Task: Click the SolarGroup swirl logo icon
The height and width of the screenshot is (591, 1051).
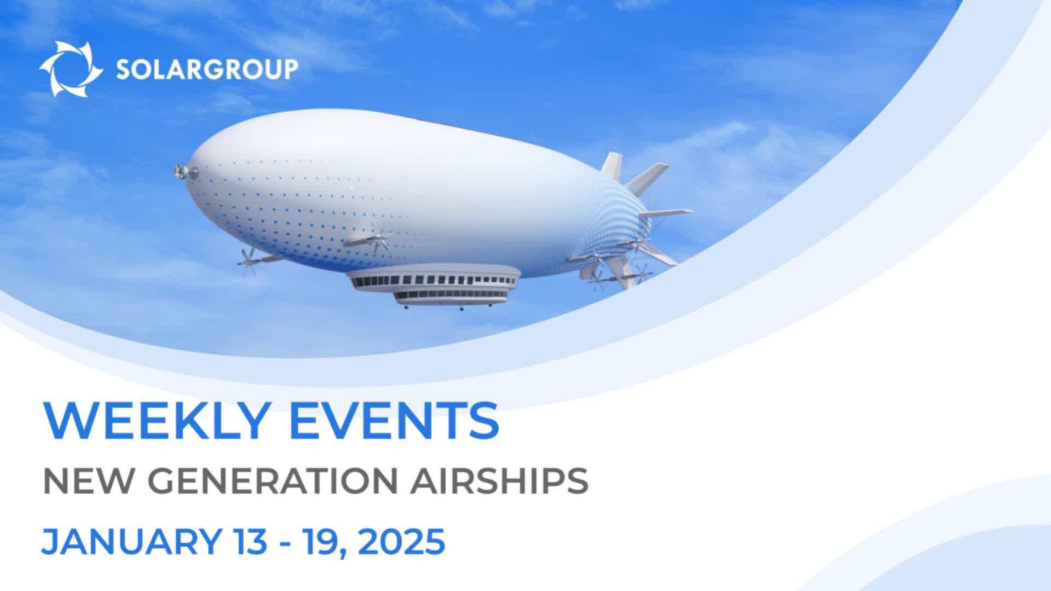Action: click(x=71, y=69)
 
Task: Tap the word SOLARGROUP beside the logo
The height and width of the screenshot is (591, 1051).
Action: click(x=207, y=69)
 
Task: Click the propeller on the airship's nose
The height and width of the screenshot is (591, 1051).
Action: click(x=180, y=171)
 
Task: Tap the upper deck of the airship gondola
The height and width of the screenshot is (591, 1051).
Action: click(x=433, y=278)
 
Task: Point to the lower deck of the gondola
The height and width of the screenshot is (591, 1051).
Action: click(x=451, y=298)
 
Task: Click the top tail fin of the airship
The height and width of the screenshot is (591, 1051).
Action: click(x=613, y=166)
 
